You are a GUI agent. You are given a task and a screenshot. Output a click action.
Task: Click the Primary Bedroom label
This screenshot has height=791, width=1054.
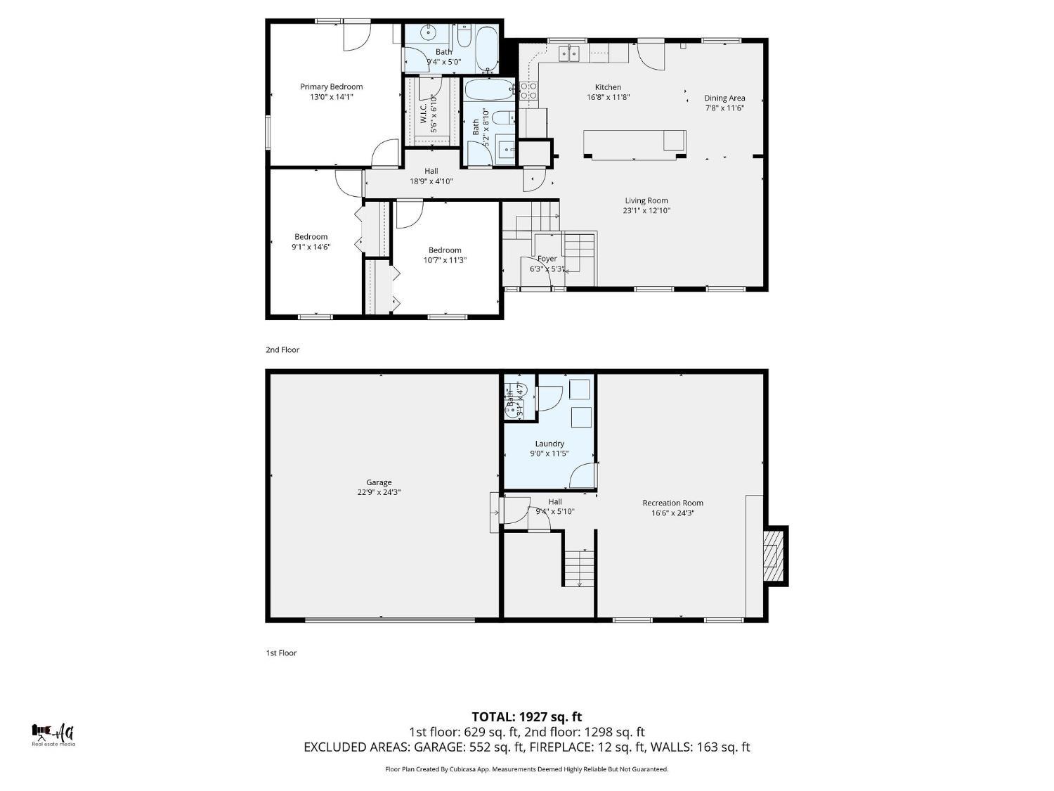[x=331, y=87]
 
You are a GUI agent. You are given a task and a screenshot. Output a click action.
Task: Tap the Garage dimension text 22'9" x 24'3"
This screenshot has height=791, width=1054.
[x=379, y=493]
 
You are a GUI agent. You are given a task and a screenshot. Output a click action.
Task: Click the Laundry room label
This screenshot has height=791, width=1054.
[x=549, y=444]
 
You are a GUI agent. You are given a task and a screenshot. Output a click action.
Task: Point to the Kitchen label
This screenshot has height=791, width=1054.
[x=608, y=87]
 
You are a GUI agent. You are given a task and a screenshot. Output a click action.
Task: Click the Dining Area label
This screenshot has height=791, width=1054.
[x=724, y=98]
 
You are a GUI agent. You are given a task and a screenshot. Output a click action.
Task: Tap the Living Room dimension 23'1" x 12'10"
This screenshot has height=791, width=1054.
[x=646, y=210]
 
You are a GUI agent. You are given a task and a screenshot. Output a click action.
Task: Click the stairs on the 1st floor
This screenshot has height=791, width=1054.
[x=578, y=568]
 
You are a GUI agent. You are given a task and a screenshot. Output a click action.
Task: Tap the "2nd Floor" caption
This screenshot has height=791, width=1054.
[x=282, y=349]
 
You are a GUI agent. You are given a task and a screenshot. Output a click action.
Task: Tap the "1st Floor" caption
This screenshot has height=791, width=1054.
[x=281, y=653]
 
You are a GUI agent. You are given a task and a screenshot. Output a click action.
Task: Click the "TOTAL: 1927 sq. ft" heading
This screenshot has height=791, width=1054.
[x=526, y=717]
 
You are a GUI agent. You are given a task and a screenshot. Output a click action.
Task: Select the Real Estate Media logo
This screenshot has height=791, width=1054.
[x=53, y=735]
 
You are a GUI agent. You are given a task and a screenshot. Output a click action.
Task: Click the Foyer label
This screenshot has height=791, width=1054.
[x=547, y=259]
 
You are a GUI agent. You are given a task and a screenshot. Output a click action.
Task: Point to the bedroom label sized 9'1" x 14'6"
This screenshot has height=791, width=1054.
[x=311, y=237]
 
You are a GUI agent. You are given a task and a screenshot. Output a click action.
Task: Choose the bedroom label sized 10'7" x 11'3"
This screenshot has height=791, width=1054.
[x=445, y=250]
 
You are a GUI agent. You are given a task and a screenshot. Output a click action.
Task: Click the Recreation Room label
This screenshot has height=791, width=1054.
[x=672, y=503]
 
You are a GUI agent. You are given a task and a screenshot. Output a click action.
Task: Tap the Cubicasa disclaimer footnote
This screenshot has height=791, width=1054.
[x=526, y=769]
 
